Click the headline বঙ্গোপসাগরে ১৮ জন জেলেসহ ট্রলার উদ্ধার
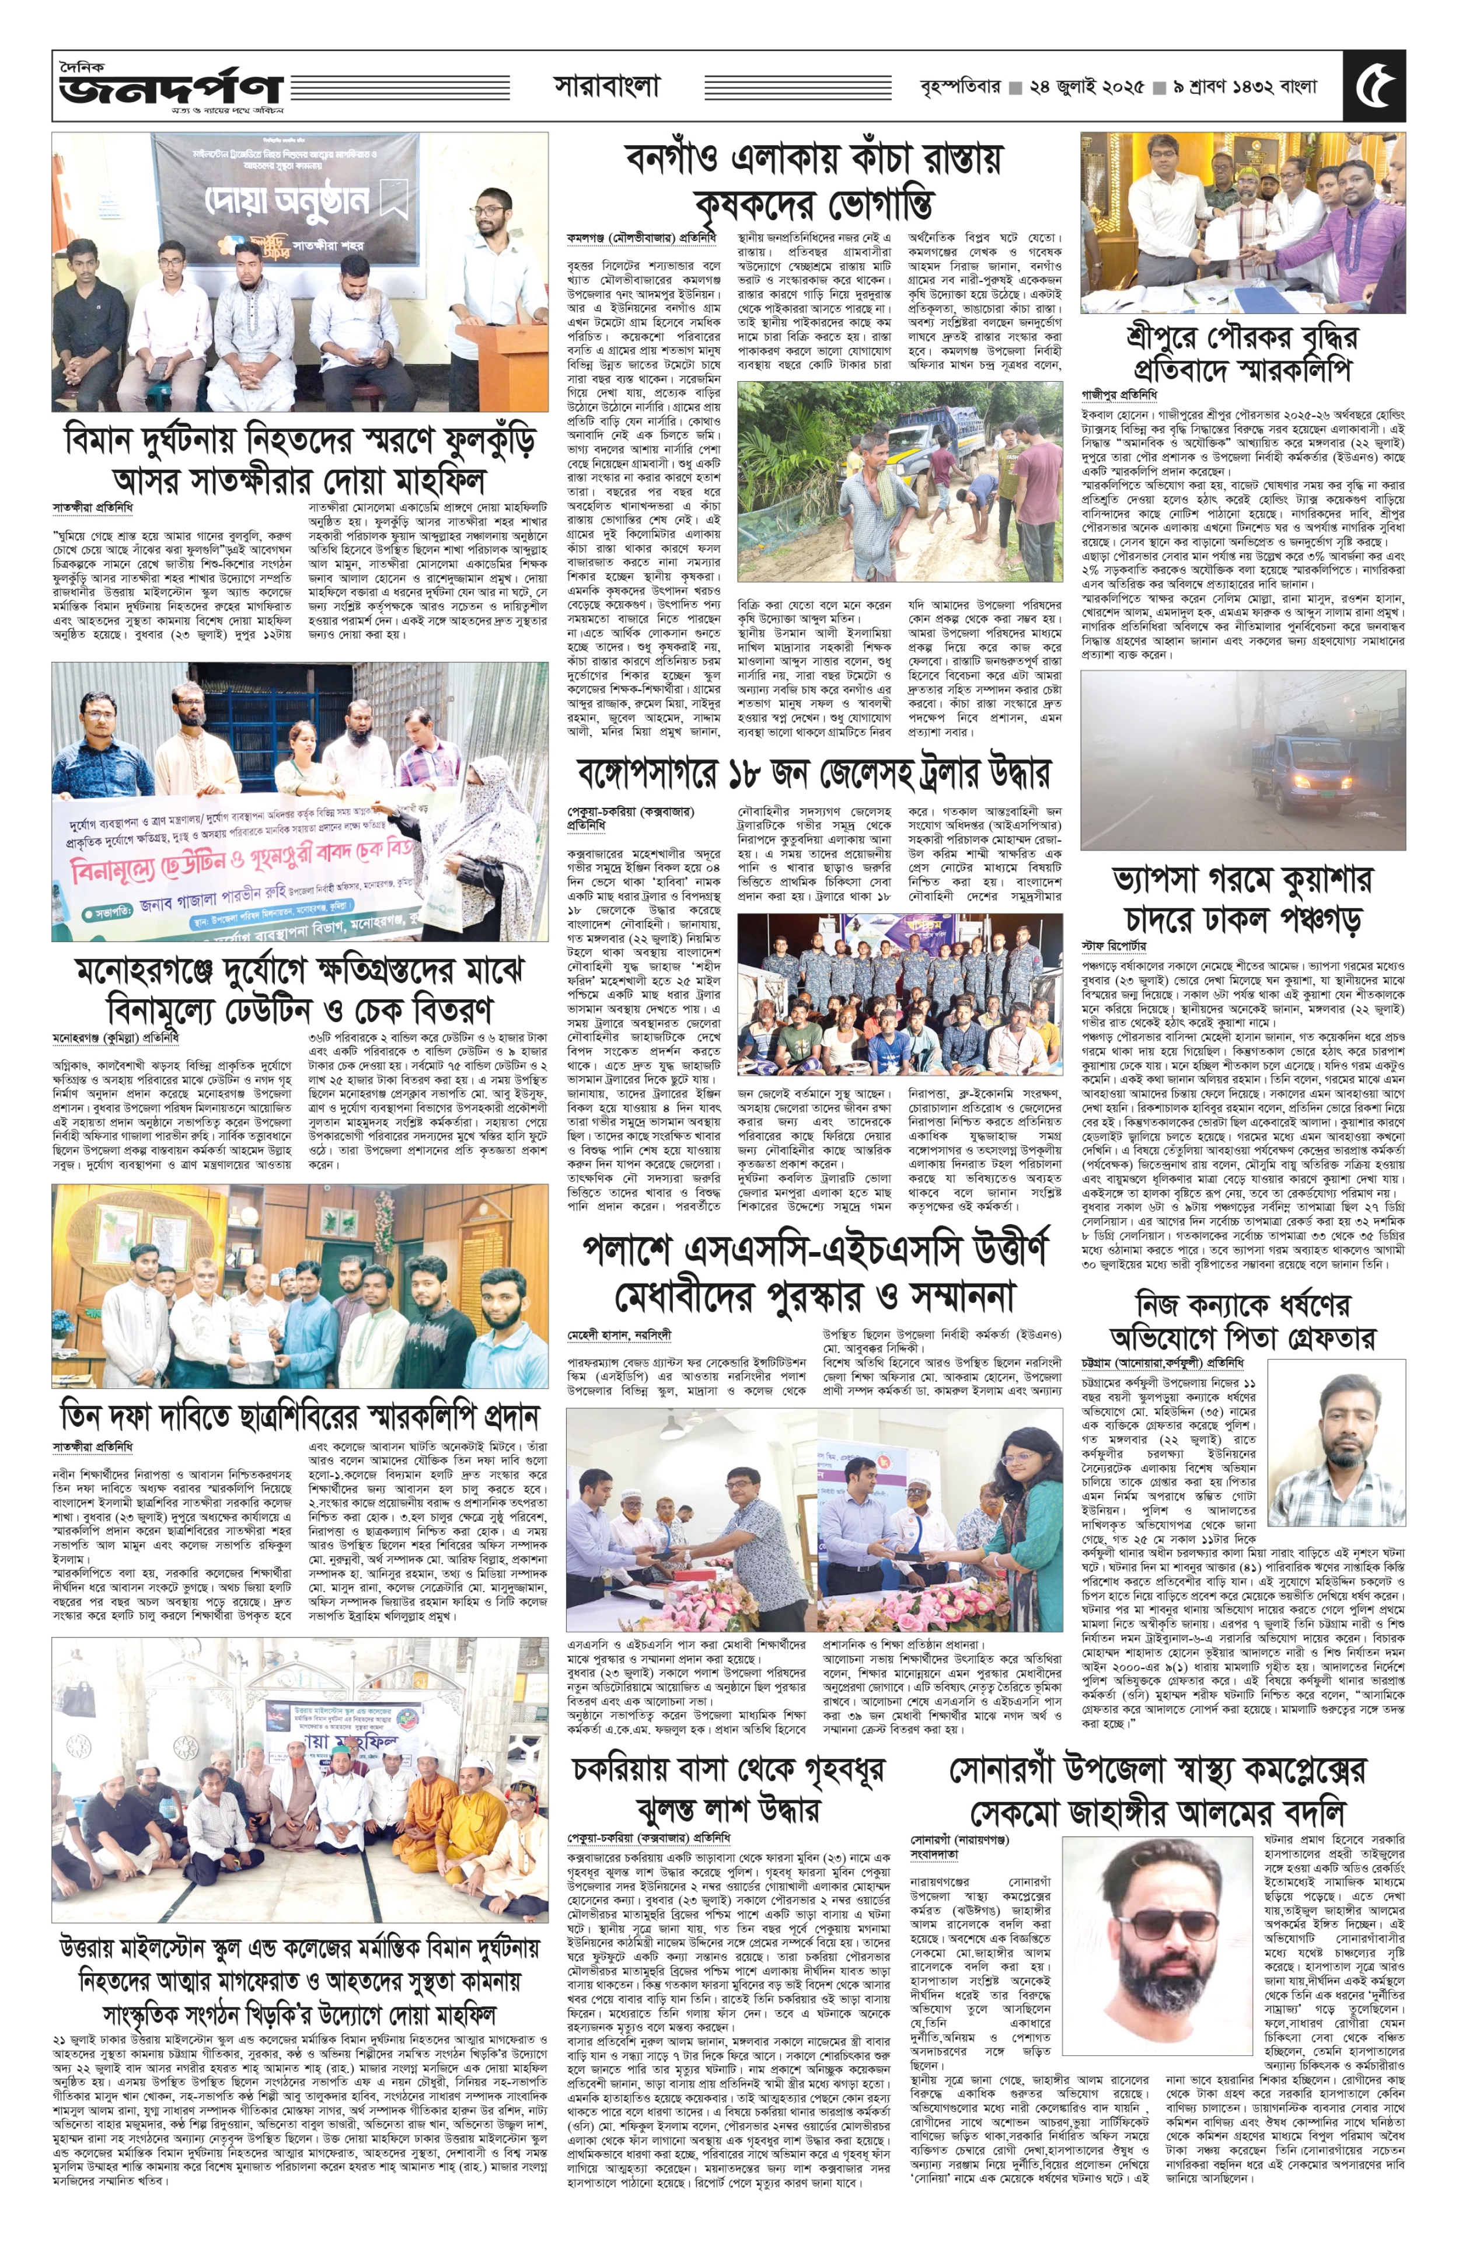(x=814, y=774)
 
